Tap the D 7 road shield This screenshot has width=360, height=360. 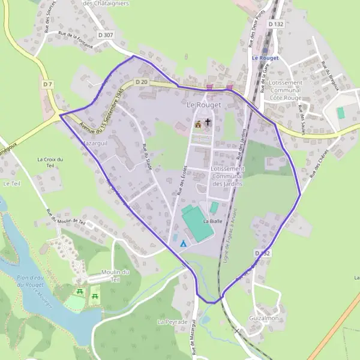[x=48, y=85]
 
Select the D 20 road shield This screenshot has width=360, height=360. [x=141, y=82]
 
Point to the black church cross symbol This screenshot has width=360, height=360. [x=208, y=124]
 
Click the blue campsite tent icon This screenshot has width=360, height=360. [x=183, y=244]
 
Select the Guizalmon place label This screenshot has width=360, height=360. [x=264, y=318]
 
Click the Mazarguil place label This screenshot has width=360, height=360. [x=94, y=145]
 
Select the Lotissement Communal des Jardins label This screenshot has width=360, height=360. [x=228, y=176]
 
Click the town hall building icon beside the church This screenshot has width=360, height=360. [x=198, y=124]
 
